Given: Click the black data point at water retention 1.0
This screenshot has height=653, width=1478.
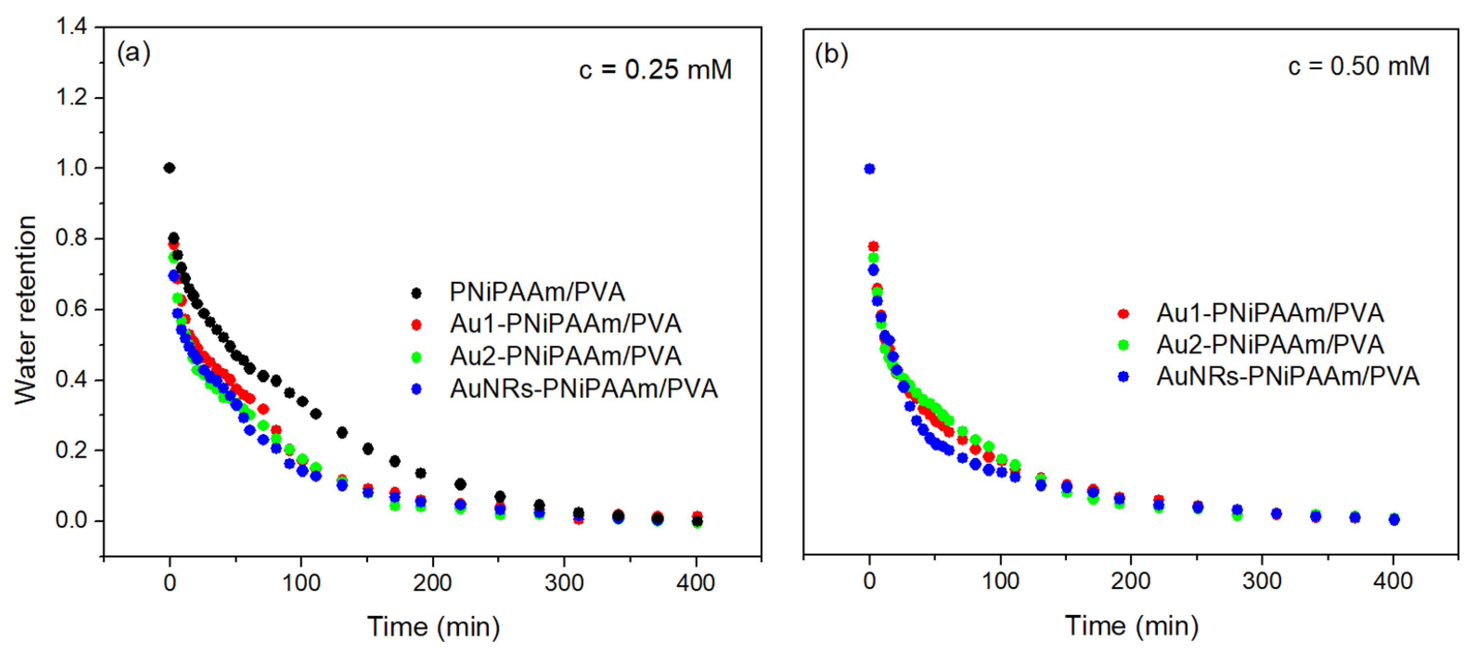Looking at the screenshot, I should click(x=169, y=168).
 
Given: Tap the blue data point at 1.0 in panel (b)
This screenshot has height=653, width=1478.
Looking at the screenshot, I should click(x=870, y=169).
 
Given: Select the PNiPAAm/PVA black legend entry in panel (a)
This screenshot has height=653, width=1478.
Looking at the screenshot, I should click(x=537, y=292).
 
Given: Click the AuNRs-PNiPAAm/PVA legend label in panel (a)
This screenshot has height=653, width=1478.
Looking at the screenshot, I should click(x=583, y=389).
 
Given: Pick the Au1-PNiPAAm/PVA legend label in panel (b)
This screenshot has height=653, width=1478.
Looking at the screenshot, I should click(x=1270, y=313).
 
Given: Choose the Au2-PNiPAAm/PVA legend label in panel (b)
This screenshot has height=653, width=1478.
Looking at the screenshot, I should click(x=1270, y=345).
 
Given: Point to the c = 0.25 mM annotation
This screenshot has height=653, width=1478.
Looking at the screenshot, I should click(x=655, y=70).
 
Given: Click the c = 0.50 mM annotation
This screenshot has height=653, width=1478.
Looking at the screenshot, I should click(x=1359, y=67).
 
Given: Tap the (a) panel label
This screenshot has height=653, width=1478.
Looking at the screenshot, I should click(x=134, y=53).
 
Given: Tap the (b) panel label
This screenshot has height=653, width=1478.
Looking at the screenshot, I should click(x=831, y=55).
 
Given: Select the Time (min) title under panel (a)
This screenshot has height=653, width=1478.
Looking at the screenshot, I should click(x=433, y=626).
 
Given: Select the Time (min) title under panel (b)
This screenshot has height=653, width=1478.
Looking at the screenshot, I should click(x=1131, y=625).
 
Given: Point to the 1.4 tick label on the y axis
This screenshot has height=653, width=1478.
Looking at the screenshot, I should click(x=71, y=27).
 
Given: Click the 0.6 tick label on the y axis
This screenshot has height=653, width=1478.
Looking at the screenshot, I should click(x=71, y=309).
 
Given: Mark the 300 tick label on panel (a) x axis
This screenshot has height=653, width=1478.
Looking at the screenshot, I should click(x=564, y=583).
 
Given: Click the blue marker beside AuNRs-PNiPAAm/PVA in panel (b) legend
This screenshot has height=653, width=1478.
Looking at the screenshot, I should click(x=1123, y=376).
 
